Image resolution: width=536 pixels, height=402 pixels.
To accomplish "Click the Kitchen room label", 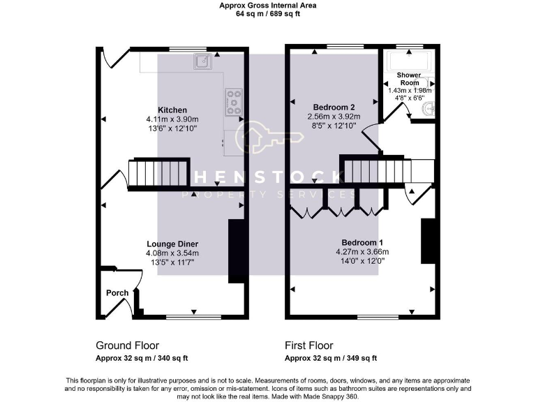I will pos(172,110).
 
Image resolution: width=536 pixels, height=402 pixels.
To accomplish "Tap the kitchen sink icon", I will pos(202,61).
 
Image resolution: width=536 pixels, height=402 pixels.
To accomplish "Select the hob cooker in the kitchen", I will pos(233,102).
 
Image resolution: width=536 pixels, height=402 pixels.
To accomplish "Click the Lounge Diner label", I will pos(172,244).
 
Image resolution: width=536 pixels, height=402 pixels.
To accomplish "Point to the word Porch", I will pos(117,292).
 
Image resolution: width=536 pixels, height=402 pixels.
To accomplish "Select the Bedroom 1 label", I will pos(362,242).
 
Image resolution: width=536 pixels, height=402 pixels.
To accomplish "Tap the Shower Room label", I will pos(409,78).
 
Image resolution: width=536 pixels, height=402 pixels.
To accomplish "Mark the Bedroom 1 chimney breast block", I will pos(428,241).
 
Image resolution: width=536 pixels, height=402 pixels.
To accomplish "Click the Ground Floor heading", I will pos(127,345).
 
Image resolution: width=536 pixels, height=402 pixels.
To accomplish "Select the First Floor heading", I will pos(308,345).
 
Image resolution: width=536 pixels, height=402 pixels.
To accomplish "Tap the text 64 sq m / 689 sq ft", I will pos(268,13).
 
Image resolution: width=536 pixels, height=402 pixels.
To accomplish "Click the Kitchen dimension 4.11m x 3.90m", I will pos(172,119).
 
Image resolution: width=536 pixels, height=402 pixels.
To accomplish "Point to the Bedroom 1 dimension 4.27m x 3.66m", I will pos(362,252).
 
